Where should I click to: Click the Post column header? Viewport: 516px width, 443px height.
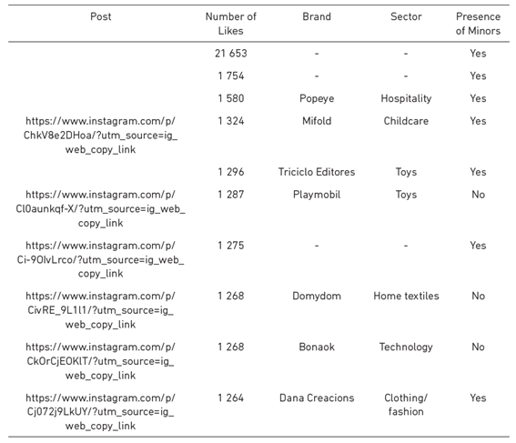point(101,16)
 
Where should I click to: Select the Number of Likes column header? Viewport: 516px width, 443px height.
point(230,24)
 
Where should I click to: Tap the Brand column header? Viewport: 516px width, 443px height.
point(317,16)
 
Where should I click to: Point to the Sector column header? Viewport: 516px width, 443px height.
point(406,16)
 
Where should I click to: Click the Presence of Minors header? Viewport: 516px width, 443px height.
point(478,24)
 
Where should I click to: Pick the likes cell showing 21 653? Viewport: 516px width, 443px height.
point(230,54)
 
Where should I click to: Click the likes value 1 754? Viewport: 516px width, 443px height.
point(230,76)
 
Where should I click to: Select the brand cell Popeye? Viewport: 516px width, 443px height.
point(317,98)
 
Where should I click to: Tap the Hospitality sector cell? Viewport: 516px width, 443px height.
point(406,98)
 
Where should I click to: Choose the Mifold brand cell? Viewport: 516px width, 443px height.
point(317,121)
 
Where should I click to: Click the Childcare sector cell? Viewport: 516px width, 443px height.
point(406,121)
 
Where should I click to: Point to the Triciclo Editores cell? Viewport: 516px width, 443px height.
point(317,172)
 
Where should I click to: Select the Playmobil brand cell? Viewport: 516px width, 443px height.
point(317,195)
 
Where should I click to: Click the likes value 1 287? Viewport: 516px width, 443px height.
point(230,195)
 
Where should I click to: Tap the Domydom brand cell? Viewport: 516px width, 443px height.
point(317,296)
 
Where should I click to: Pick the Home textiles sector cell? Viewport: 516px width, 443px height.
point(406,296)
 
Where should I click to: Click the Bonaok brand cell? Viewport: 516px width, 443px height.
point(317,347)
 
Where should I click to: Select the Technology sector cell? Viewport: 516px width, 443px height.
point(406,347)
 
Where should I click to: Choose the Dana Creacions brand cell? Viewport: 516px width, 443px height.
point(317,398)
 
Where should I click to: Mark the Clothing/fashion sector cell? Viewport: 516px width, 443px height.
point(406,405)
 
